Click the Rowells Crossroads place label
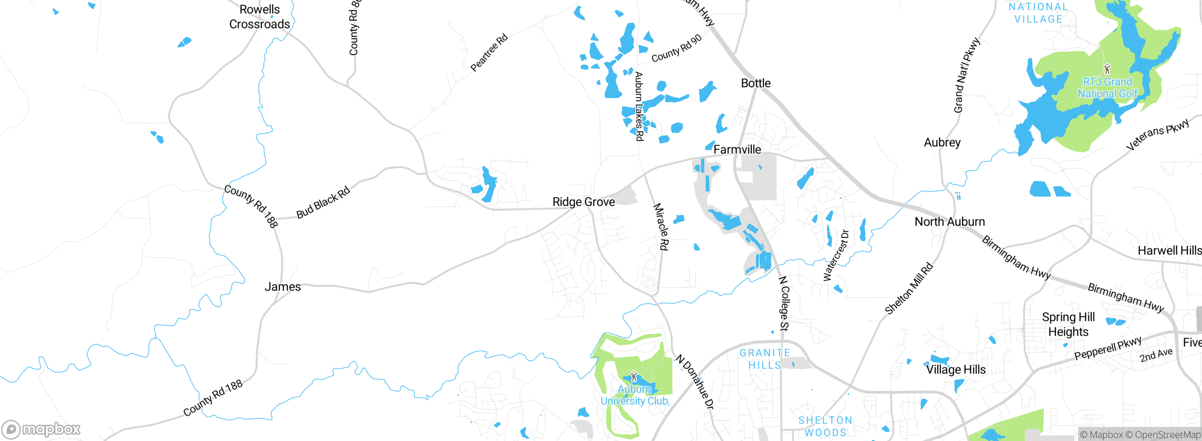259,17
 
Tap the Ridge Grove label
584,202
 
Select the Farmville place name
737,150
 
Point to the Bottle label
755,83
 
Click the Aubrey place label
942,143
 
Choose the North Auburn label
949,222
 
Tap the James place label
283,287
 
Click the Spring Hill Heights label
1068,324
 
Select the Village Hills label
956,370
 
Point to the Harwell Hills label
1169,251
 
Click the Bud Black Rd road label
323,202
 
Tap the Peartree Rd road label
489,52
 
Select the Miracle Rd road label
661,227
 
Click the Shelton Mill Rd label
909,289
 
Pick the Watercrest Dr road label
836,255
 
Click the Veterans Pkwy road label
1157,135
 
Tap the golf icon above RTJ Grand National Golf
1107,69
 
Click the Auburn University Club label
634,395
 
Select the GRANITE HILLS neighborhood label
765,359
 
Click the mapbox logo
41,429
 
